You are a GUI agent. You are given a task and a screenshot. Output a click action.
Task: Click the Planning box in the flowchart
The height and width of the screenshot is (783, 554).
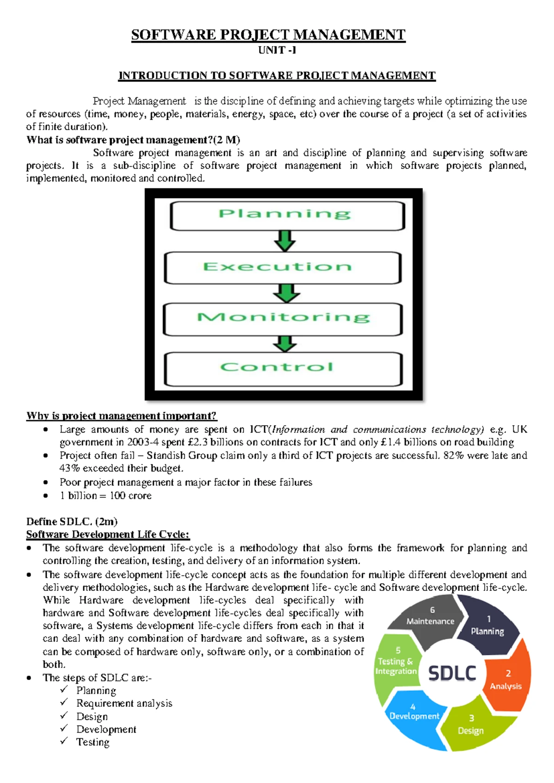tap(287, 216)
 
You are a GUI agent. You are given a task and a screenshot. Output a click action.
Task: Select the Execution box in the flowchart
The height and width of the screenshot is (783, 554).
tap(283, 268)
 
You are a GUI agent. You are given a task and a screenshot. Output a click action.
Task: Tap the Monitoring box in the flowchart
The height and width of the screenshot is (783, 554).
tap(283, 319)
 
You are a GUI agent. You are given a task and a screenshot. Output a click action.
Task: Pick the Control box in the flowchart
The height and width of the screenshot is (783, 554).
tap(283, 369)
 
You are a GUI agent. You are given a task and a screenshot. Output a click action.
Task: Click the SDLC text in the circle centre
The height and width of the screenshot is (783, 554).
tap(452, 673)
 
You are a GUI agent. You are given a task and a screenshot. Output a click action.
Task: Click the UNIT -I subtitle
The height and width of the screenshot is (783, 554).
tap(277, 50)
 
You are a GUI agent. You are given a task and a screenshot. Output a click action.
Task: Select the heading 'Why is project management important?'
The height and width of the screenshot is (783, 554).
tap(121, 416)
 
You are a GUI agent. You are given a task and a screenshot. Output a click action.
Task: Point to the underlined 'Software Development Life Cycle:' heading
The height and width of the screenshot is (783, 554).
tap(108, 535)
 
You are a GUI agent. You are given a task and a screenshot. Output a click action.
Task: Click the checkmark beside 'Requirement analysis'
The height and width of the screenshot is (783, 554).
tap(64, 703)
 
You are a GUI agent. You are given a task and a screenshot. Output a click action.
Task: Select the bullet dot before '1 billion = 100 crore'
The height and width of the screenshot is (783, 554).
tap(45, 496)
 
